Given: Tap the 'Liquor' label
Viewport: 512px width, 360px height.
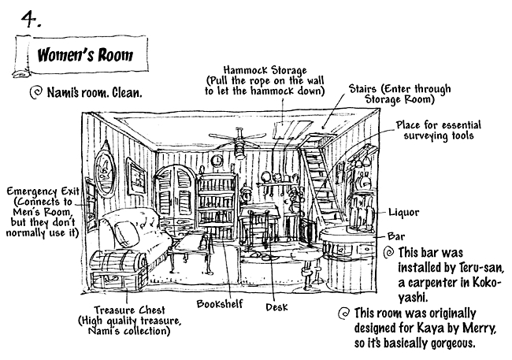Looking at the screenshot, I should click(x=404, y=212).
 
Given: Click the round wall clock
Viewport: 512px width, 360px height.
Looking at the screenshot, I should click(x=215, y=161).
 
